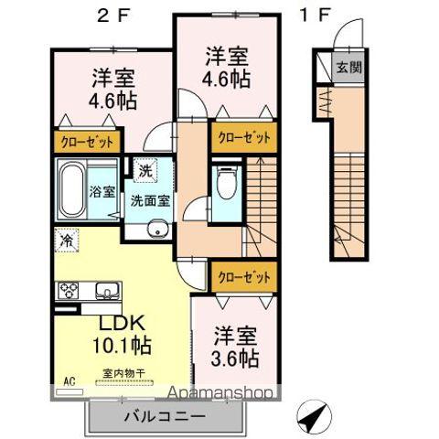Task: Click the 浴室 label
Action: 102,192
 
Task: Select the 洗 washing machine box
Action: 145,168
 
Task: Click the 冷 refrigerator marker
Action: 68,241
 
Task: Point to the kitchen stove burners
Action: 70,292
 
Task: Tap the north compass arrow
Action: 316,415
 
